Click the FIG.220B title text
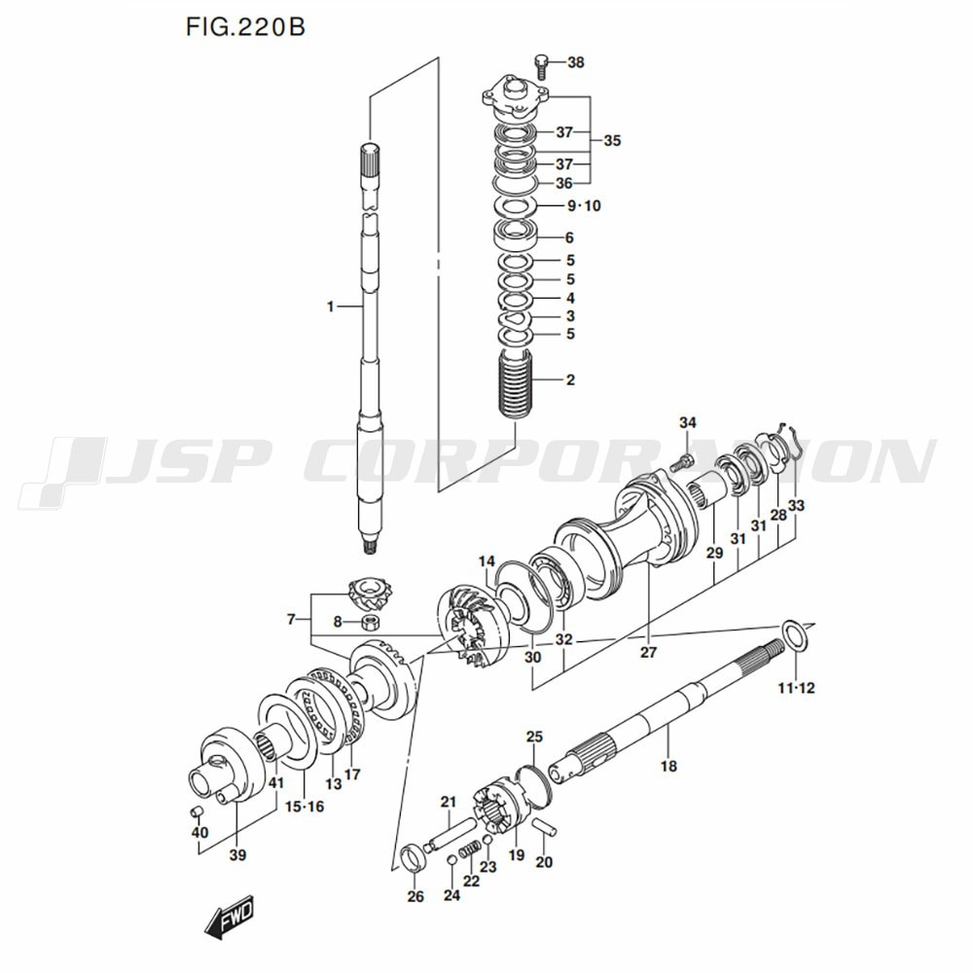click(245, 28)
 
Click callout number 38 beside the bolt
click(576, 62)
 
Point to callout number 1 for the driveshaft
click(331, 306)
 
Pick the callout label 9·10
click(584, 205)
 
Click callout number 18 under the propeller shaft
click(668, 767)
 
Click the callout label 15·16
click(305, 807)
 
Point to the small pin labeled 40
click(197, 811)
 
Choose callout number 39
click(237, 855)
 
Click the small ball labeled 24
click(452, 860)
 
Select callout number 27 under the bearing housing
click(648, 652)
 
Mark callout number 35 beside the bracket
click(612, 140)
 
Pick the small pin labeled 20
click(546, 828)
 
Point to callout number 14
click(486, 562)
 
